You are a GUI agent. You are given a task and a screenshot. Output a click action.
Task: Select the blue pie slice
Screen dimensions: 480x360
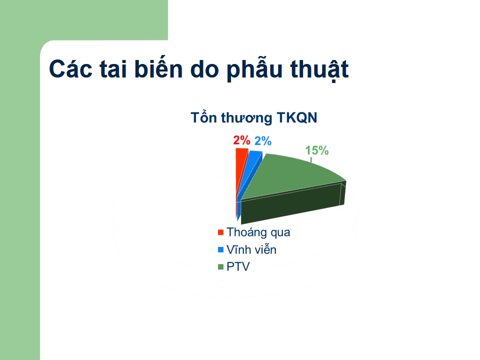coord(251,171)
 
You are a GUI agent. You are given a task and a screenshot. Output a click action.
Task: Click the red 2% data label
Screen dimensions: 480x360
coord(241,140)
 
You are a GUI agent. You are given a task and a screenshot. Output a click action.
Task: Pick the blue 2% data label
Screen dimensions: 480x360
coord(263,141)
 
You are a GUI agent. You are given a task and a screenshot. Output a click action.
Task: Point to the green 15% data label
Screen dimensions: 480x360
coord(317,150)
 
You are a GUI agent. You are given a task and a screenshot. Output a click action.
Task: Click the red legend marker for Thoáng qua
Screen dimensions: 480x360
coord(220,232)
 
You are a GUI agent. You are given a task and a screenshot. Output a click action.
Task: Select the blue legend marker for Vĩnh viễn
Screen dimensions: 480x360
coord(220,249)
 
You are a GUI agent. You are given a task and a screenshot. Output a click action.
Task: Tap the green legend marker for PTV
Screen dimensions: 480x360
coord(220,266)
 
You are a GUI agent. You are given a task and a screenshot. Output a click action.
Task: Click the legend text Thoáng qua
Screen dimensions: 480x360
coord(258,232)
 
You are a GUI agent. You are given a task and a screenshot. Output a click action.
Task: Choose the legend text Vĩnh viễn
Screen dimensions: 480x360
coord(251,249)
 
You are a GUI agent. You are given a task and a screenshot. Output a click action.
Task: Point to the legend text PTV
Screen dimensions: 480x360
coord(238,266)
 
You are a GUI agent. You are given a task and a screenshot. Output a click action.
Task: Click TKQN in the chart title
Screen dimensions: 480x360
coord(296,118)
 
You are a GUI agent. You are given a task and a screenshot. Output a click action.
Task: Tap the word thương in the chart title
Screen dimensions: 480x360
coord(246,118)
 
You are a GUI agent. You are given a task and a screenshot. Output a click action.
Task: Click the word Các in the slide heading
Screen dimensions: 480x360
coord(70,69)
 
